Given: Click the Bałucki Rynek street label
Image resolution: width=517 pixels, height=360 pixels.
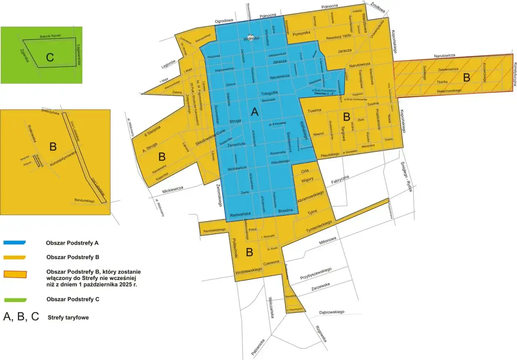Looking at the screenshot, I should pos(50,36).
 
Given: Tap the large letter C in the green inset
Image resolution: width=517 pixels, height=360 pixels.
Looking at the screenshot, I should pos(50,57).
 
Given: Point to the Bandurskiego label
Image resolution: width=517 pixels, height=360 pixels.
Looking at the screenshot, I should pos(84,200).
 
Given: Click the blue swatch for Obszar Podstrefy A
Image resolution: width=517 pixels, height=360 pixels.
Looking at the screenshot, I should pos(15,242).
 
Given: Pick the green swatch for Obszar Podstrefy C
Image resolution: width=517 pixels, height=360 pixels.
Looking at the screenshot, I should pos(15,299).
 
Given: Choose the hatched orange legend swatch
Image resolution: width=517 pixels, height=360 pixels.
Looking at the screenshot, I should pos(15,274).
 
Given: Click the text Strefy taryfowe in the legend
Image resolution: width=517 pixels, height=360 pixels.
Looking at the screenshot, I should pos(68,318).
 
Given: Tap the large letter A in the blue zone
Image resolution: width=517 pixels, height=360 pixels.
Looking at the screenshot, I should pos(254,112).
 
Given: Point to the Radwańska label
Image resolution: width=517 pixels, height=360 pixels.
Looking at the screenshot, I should pos(240,215).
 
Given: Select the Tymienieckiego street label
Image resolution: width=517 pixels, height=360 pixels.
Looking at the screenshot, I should pos(319,227).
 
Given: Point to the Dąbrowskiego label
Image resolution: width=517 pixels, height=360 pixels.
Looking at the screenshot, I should pos(331,312).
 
